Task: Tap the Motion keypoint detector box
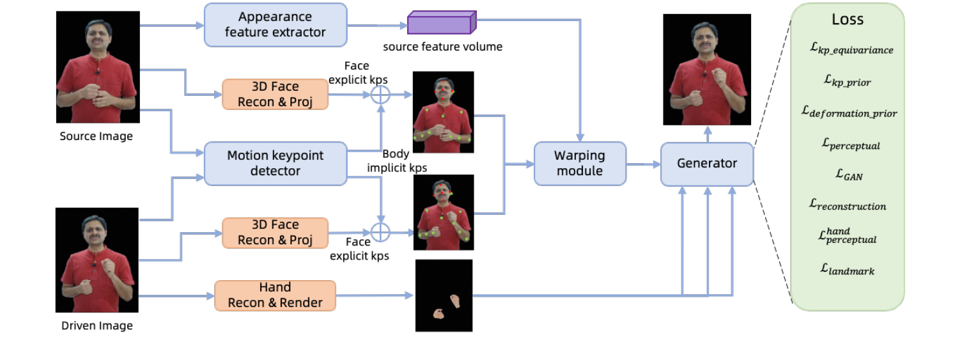[x=275, y=163]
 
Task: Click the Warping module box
[x=580, y=163]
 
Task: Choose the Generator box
[x=706, y=164]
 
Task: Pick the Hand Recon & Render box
[x=275, y=295]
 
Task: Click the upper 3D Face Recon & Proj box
[x=275, y=94]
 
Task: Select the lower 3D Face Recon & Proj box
[x=275, y=232]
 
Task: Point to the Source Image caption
[x=96, y=136]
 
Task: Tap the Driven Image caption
[x=97, y=325]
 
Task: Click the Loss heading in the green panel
[x=847, y=20]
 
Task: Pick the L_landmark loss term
[x=847, y=270]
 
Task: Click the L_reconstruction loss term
[x=847, y=205]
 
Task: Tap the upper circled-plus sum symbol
[x=380, y=95]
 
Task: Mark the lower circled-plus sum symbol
[x=380, y=231]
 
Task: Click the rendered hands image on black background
[x=444, y=295]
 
